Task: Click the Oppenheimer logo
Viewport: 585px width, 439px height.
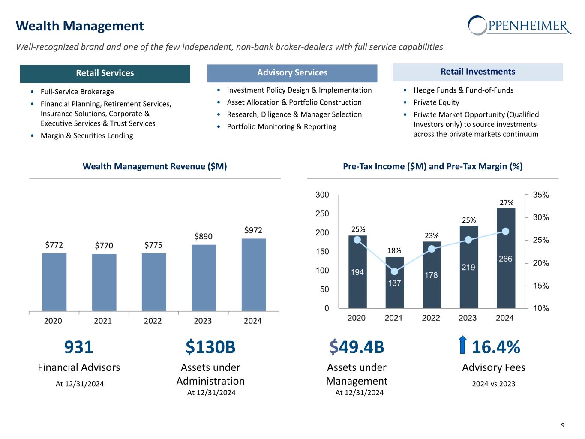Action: pos(520,25)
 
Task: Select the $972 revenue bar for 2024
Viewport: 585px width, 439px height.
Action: pos(253,274)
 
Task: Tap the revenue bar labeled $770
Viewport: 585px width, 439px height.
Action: pos(104,282)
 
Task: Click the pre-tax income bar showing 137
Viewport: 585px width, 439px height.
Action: pos(394,283)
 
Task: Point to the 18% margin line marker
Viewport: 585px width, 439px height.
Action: pos(395,271)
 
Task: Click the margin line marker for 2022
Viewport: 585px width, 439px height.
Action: pos(432,249)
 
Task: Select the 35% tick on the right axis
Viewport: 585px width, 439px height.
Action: pos(540,195)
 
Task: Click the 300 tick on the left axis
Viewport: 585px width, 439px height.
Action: pos(322,195)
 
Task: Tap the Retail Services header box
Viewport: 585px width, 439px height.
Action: pos(105,73)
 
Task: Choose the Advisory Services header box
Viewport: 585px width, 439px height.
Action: pos(292,73)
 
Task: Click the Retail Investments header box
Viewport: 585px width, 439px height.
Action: pos(477,72)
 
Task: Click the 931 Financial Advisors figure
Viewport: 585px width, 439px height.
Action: pos(78,347)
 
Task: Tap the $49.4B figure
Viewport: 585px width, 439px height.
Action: pos(357,347)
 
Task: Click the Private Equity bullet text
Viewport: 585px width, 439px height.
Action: pos(436,102)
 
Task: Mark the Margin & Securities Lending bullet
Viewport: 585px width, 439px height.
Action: pos(87,135)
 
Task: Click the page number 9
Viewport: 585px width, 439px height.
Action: pos(563,425)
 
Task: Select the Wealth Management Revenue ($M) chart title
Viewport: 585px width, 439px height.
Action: pos(154,166)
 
